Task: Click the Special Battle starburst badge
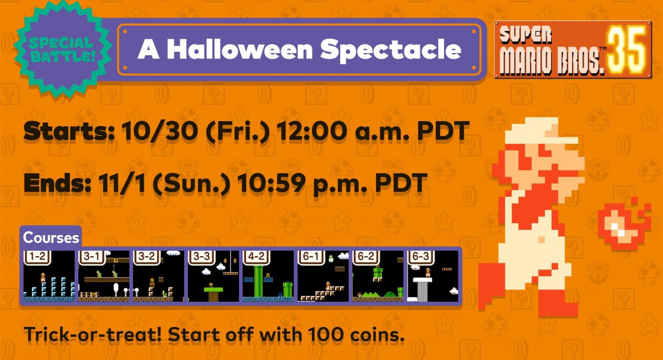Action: [x=63, y=49]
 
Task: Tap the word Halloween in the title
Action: [x=240, y=49]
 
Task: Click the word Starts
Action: [x=69, y=131]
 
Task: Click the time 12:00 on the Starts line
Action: [x=312, y=131]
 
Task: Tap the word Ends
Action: [x=57, y=183]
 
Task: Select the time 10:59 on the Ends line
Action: [x=272, y=183]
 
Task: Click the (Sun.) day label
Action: [x=192, y=183]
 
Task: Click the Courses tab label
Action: [x=51, y=237]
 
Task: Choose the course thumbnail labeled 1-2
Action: [x=49, y=276]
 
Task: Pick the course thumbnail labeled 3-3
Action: [x=213, y=276]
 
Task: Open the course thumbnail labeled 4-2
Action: [x=268, y=276]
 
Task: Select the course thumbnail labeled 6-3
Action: [x=433, y=276]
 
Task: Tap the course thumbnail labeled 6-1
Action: [x=323, y=276]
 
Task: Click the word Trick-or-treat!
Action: [x=92, y=335]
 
